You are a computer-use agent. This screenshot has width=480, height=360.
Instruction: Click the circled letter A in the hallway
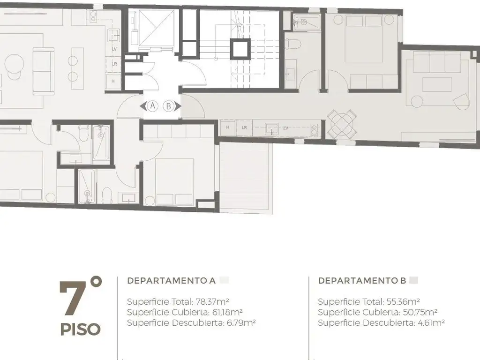point(152,106)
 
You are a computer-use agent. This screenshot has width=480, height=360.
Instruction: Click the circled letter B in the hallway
point(168,106)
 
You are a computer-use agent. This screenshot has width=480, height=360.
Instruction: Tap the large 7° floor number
point(80,296)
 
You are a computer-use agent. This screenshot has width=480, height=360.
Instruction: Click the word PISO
point(81,330)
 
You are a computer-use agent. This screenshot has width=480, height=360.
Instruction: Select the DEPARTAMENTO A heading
point(172,280)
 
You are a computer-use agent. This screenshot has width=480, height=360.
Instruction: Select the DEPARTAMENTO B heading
point(362,280)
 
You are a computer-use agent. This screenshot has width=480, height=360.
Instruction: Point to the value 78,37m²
point(212,301)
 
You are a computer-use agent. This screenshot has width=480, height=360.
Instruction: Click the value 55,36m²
point(403,301)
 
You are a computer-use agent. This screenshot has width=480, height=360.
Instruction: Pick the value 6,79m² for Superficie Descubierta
point(241,322)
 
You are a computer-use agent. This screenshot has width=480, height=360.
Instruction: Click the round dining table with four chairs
point(342,124)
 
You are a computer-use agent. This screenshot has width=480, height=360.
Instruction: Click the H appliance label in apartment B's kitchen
point(227,127)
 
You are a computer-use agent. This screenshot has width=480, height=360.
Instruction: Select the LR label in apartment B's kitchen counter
point(244,127)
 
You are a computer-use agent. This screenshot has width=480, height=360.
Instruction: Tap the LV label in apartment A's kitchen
point(114,49)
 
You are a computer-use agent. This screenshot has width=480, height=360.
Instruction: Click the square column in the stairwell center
point(240,49)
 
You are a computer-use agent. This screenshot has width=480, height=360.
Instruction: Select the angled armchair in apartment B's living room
point(461,102)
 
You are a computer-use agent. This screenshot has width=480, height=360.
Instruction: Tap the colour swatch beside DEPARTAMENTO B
point(414,280)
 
